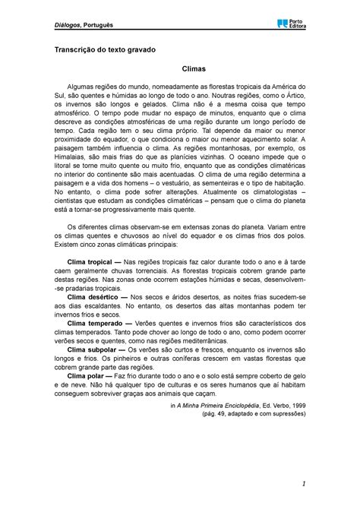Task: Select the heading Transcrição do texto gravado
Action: click(103, 71)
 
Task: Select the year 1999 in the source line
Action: click(295, 427)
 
